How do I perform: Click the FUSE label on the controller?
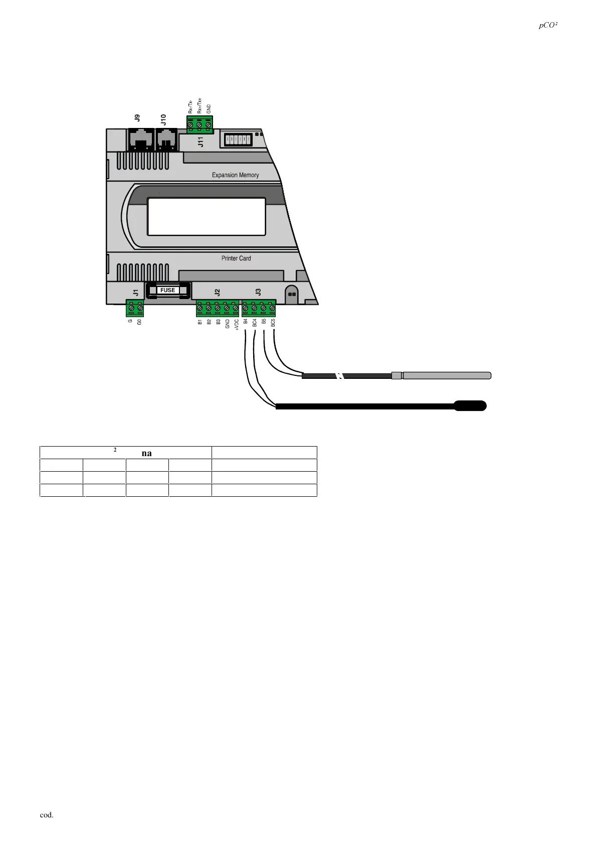click(x=167, y=290)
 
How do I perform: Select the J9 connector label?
click(x=137, y=118)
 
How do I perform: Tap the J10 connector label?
click(x=163, y=119)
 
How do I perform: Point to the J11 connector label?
click(x=201, y=142)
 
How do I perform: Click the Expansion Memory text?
click(x=235, y=175)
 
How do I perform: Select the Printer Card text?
click(x=236, y=258)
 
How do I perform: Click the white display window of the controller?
click(x=206, y=216)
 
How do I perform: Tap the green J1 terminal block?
click(x=135, y=308)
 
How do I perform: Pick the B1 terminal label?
click(x=200, y=322)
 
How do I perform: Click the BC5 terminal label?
click(x=273, y=323)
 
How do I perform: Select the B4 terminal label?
click(x=246, y=322)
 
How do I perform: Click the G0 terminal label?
click(x=140, y=322)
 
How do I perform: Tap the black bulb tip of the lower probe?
click(x=470, y=405)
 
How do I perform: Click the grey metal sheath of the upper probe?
click(x=446, y=375)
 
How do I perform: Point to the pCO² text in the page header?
click(x=548, y=26)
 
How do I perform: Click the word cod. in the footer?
click(x=47, y=815)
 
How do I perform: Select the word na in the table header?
click(x=146, y=453)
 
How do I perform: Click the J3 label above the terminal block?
click(x=258, y=292)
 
